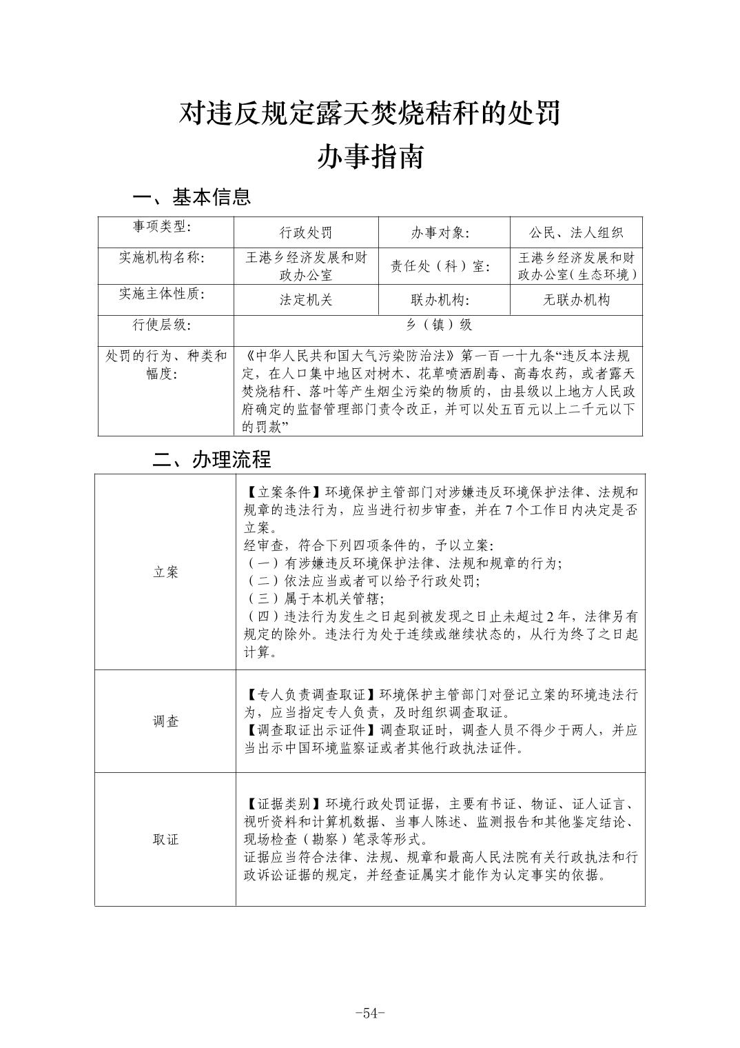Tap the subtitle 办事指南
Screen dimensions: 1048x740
coord(369,157)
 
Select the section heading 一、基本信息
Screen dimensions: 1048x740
coord(192,197)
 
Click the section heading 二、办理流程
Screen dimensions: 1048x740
coord(212,459)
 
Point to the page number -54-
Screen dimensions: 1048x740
coord(369,1013)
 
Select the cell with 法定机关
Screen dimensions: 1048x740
coord(305,300)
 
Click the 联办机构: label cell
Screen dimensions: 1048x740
coord(440,300)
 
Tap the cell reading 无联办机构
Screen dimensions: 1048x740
coord(575,300)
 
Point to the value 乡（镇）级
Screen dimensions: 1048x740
coord(438,325)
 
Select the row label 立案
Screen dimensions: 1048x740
coord(165,572)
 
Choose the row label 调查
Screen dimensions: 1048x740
coord(165,721)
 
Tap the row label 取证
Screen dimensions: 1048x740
coord(165,839)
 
